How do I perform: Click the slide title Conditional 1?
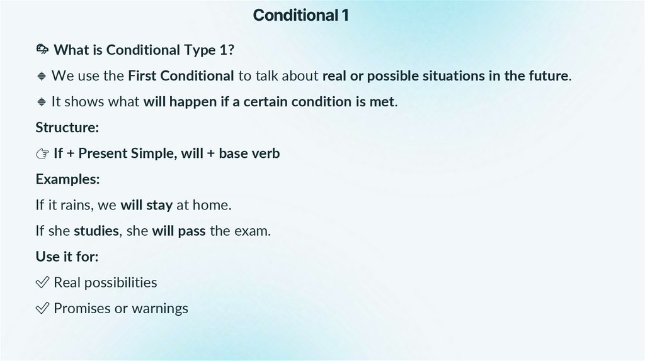(x=300, y=15)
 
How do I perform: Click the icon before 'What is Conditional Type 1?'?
(x=42, y=50)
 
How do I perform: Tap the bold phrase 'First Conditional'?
(x=181, y=76)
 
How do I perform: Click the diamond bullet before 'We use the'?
(x=42, y=76)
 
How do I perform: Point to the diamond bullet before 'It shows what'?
(x=42, y=102)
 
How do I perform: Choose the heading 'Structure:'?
(x=67, y=127)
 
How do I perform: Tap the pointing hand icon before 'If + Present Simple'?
(x=42, y=153)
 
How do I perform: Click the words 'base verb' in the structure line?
(x=249, y=153)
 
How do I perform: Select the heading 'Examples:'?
(x=67, y=179)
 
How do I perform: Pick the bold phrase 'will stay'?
(x=146, y=205)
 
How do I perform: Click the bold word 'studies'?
(x=96, y=231)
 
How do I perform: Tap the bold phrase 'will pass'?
(x=178, y=231)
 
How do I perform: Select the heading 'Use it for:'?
(x=67, y=257)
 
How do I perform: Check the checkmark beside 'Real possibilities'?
(x=42, y=282)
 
